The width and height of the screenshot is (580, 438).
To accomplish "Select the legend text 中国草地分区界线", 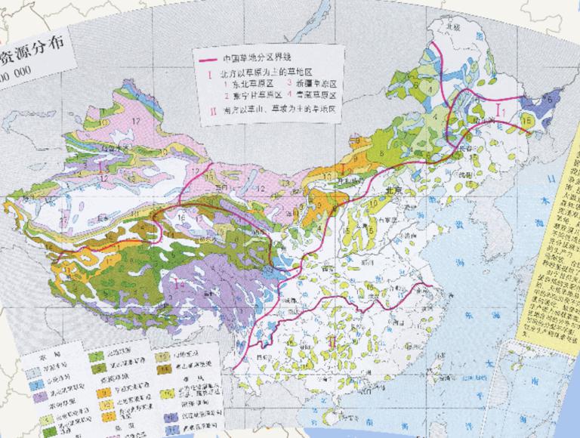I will [257, 60].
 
